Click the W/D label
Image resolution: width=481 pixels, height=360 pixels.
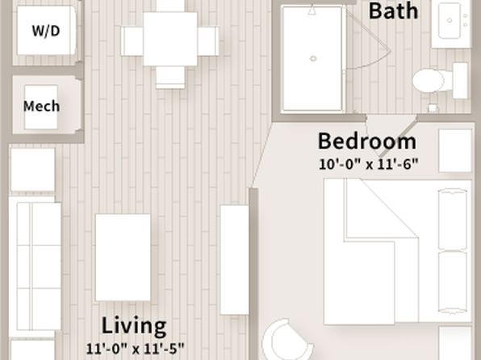click(x=46, y=31)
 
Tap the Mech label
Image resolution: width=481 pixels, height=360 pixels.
click(x=41, y=107)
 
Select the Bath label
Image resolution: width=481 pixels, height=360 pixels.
click(x=393, y=11)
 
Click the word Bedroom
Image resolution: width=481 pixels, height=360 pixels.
click(x=367, y=141)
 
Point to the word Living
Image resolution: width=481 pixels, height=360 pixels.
click(x=134, y=326)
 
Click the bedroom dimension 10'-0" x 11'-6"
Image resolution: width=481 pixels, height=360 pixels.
click(x=369, y=164)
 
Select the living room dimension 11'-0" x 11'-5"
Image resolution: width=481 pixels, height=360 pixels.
click(x=135, y=349)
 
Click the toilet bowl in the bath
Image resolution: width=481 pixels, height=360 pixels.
click(x=429, y=81)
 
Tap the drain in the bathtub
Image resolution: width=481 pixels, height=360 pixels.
click(x=313, y=58)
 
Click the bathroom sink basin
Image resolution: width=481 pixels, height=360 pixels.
click(x=450, y=20)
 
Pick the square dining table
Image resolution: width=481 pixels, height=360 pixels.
click(x=170, y=39)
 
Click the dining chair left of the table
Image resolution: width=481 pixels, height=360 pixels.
click(x=132, y=41)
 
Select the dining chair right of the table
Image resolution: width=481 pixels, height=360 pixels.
click(x=208, y=41)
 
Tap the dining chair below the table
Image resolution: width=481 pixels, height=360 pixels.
click(x=170, y=77)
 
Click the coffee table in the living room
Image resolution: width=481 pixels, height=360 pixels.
click(x=123, y=257)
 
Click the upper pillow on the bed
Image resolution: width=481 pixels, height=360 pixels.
click(x=453, y=219)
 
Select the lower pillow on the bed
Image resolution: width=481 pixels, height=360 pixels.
click(x=453, y=282)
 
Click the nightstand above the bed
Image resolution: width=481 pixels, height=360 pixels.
click(x=455, y=151)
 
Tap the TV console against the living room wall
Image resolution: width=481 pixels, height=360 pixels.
click(x=234, y=260)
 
